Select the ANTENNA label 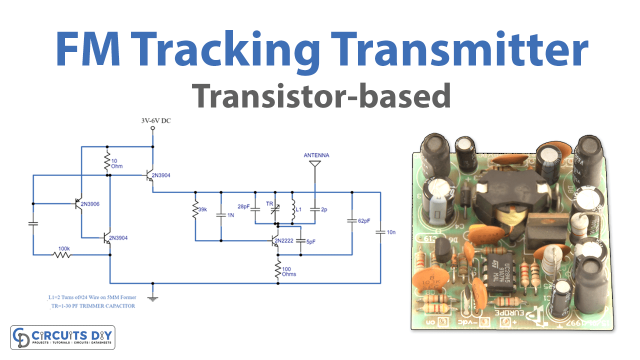(316, 155)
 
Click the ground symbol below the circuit (153, 298)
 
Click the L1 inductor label (298, 210)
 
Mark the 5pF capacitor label (310, 241)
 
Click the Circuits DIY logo (63, 337)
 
